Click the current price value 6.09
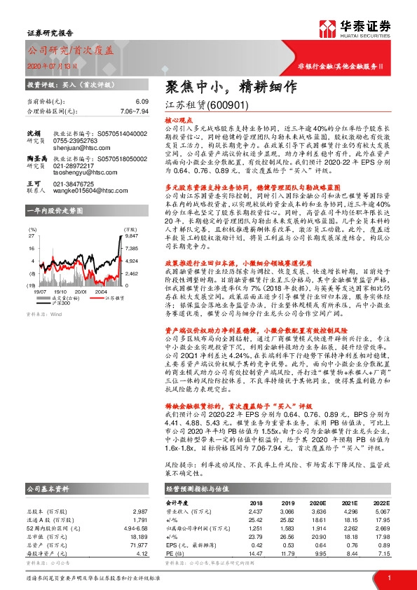click(142, 102)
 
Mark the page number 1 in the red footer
click(388, 578)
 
